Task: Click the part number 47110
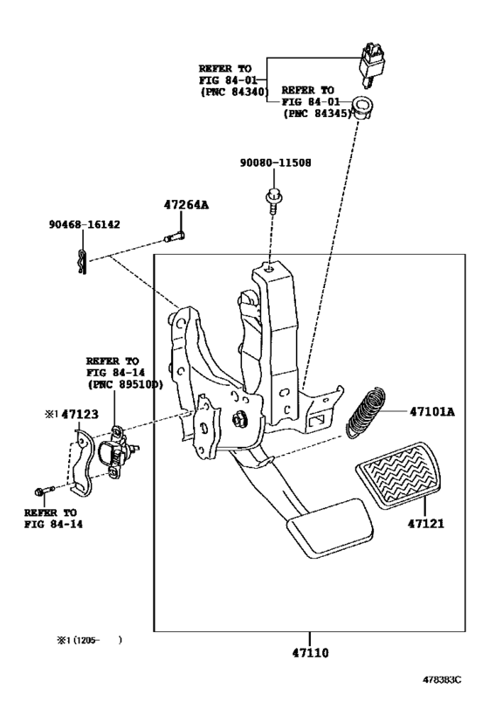click(x=310, y=653)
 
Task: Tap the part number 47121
click(x=425, y=524)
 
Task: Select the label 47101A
click(x=432, y=412)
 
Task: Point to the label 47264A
click(x=186, y=205)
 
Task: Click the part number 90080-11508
click(x=276, y=162)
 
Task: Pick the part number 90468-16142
click(x=85, y=224)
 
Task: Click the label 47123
click(x=79, y=414)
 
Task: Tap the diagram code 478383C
click(x=442, y=679)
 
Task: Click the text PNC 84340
click(x=233, y=92)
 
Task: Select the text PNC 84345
click(x=317, y=113)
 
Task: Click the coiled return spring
click(x=366, y=413)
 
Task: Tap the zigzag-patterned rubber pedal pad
click(x=398, y=475)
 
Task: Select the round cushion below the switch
click(x=362, y=108)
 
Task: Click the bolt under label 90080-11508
click(x=273, y=200)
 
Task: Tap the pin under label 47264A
click(x=175, y=237)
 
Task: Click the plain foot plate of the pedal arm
click(x=329, y=528)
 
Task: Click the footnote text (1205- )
click(x=89, y=640)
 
